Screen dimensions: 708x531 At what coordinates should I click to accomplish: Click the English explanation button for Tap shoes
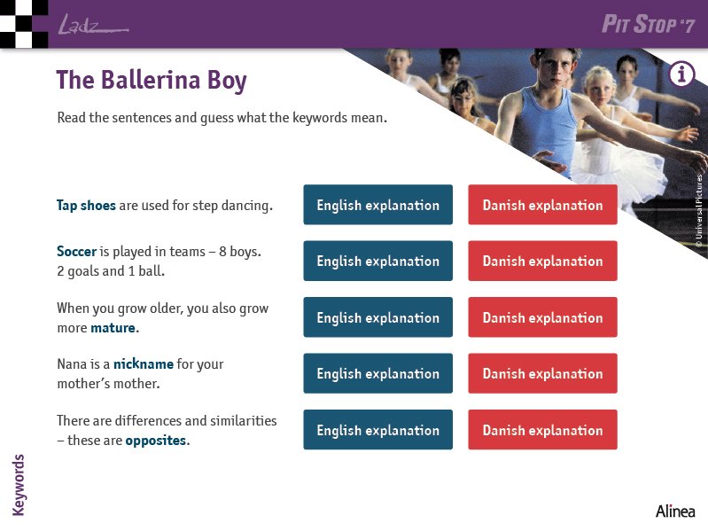[378, 205]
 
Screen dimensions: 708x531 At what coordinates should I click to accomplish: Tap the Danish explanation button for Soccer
[542, 261]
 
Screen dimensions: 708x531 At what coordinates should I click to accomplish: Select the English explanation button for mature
[378, 317]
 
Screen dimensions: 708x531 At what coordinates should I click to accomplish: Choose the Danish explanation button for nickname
[542, 373]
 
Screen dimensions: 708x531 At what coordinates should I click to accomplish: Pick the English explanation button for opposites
[378, 429]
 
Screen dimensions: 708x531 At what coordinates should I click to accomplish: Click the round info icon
[681, 74]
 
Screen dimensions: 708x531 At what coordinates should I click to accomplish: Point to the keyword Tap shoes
[86, 206]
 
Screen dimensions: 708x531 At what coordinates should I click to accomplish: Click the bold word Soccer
[77, 251]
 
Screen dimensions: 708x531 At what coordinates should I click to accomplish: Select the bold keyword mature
[113, 328]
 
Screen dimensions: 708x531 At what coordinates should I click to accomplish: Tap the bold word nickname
[144, 364]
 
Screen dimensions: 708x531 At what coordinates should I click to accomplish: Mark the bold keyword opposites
[156, 441]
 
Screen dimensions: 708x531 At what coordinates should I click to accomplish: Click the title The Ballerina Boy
[152, 81]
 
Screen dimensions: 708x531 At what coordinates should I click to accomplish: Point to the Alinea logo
[675, 511]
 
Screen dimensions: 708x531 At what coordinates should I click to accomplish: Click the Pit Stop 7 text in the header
[648, 24]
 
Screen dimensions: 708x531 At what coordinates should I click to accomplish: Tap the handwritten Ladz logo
[93, 25]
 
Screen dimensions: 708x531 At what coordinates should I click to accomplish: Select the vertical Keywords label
[18, 485]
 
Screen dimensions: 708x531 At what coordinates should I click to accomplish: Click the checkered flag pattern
[24, 24]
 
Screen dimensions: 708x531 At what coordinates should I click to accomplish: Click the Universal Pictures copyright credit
[699, 211]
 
